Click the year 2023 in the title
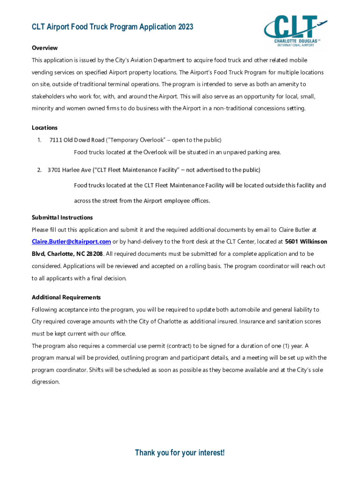pos(185,27)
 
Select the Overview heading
pos(44,48)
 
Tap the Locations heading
pos(44,128)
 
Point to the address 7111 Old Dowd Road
pos(77,140)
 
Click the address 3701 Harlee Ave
pos(69,170)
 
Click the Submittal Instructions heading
pos(62,218)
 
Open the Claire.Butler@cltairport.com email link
pos(71,241)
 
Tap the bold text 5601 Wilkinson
pos(306,241)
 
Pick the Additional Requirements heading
pos(66,298)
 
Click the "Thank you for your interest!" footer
pos(180,453)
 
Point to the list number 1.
pos(40,140)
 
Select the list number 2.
pos(40,170)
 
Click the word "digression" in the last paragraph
pos(45,382)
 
